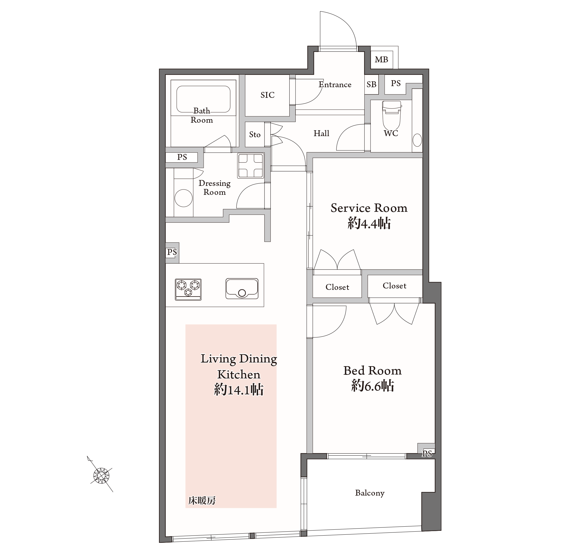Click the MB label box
(381, 60)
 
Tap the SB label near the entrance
(371, 84)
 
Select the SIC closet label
(267, 95)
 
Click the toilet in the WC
(391, 116)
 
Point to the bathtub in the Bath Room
(203, 99)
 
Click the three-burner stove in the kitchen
(188, 289)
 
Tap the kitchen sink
(242, 288)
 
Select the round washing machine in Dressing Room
(183, 198)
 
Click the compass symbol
(101, 476)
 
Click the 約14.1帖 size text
(239, 390)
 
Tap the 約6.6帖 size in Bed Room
(373, 386)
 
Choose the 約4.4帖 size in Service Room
(369, 223)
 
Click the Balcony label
(370, 493)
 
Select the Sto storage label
(255, 135)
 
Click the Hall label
(321, 134)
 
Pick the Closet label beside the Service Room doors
(337, 287)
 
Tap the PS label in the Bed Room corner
(427, 453)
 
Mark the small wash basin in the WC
(417, 140)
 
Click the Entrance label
(335, 85)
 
